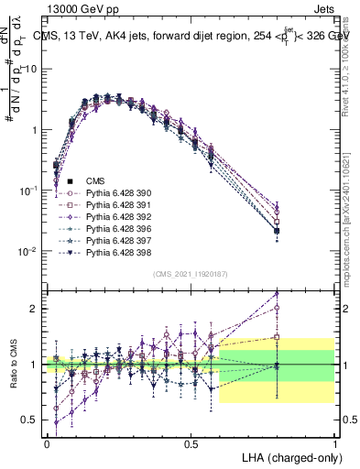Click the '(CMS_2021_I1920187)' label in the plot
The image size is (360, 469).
[190, 273]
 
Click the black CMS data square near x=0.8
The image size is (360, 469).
[277, 231]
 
